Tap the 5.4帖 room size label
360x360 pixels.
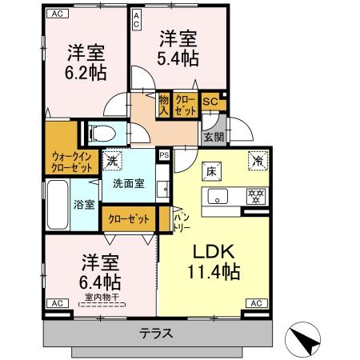(178, 58)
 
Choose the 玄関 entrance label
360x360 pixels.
(213, 137)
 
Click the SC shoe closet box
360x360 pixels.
(210, 102)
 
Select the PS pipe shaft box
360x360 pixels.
(164, 155)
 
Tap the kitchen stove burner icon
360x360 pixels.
(256, 197)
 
